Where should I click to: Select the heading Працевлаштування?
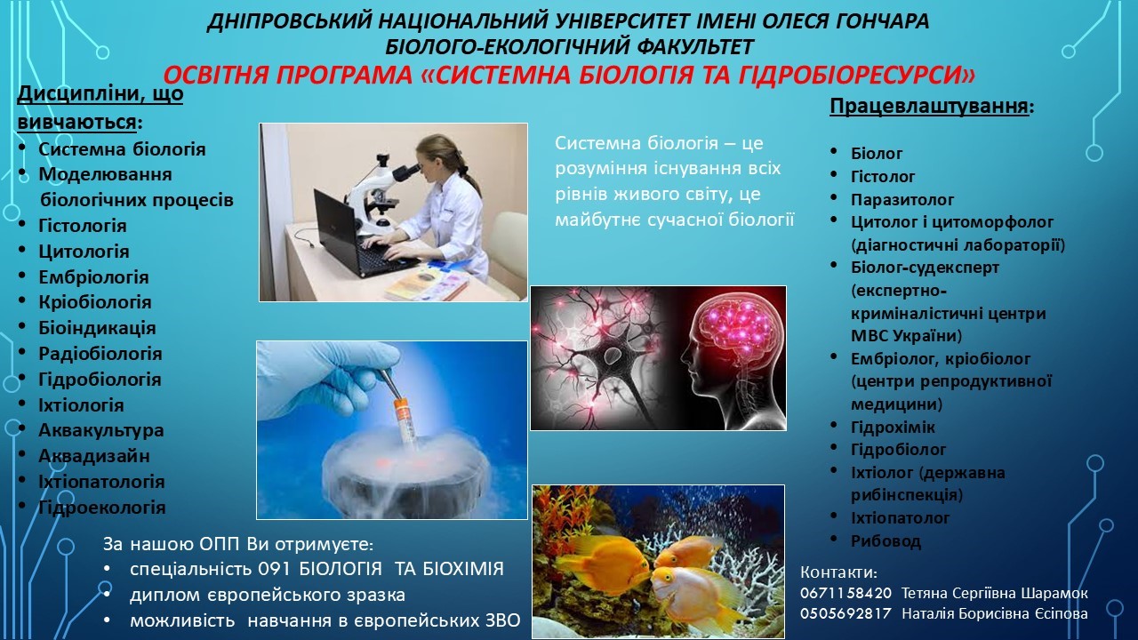(x=929, y=106)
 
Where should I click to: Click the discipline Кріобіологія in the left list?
(x=95, y=302)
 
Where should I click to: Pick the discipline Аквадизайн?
(x=94, y=456)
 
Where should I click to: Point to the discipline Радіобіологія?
(x=100, y=354)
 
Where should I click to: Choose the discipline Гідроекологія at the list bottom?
(x=102, y=508)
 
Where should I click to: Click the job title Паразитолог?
(x=902, y=200)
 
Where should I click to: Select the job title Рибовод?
(x=886, y=541)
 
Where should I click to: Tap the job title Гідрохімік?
(x=893, y=428)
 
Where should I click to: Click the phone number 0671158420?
(x=845, y=593)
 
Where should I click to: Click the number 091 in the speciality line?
(x=274, y=569)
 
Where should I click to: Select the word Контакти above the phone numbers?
(x=838, y=572)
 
